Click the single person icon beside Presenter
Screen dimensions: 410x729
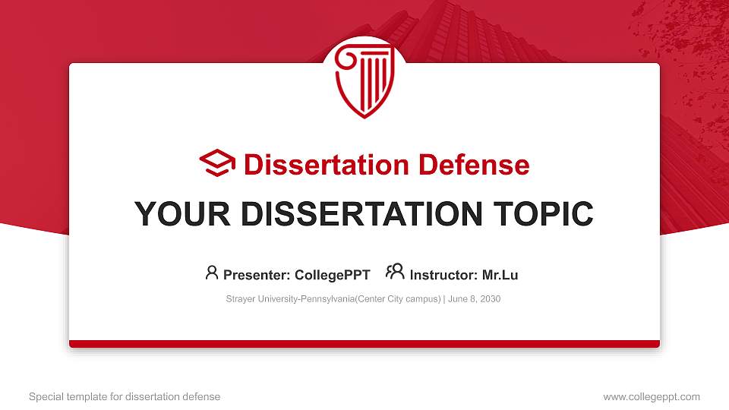pos(212,273)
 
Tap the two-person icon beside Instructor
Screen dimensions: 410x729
pos(395,273)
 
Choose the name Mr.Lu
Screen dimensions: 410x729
pos(500,275)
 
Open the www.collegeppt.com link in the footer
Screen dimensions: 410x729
pos(652,396)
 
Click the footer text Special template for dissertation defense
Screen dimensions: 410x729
pos(125,396)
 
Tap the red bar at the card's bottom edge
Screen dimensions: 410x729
pos(364,344)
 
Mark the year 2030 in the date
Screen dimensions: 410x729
pos(490,299)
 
